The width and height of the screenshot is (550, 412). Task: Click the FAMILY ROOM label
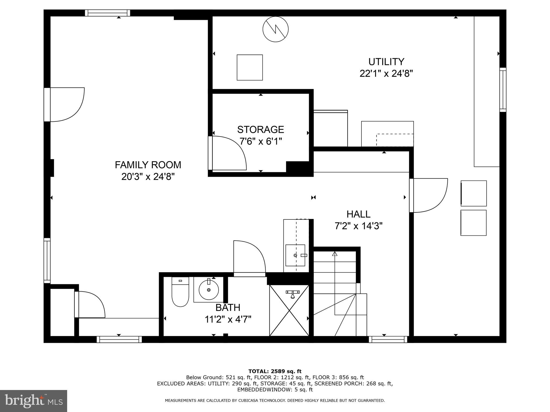point(148,165)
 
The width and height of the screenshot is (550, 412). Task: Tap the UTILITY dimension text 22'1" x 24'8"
point(386,73)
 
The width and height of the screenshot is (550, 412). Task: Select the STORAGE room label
point(260,130)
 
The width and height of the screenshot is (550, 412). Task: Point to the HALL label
point(358,214)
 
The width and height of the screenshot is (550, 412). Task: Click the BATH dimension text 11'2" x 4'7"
point(228,319)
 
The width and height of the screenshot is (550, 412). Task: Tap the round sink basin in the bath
point(209,290)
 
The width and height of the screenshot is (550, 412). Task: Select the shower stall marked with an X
point(289,310)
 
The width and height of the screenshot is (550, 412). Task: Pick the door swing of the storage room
point(228,153)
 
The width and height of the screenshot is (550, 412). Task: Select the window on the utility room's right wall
point(503,90)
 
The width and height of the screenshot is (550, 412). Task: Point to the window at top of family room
point(107,13)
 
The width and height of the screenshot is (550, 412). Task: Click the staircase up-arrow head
point(335,253)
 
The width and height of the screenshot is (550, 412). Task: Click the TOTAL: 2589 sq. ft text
point(275,371)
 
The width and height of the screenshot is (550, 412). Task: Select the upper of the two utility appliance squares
point(473,193)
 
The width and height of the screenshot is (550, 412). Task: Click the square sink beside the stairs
point(295,255)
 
